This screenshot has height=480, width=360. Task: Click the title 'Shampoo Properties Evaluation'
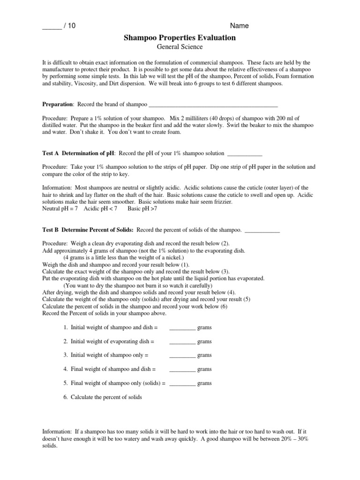(x=180, y=38)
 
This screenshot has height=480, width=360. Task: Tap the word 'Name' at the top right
(x=239, y=26)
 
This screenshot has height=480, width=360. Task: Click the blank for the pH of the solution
(x=244, y=154)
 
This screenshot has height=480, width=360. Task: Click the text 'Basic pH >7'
(x=142, y=209)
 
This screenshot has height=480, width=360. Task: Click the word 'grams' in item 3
(x=204, y=355)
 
